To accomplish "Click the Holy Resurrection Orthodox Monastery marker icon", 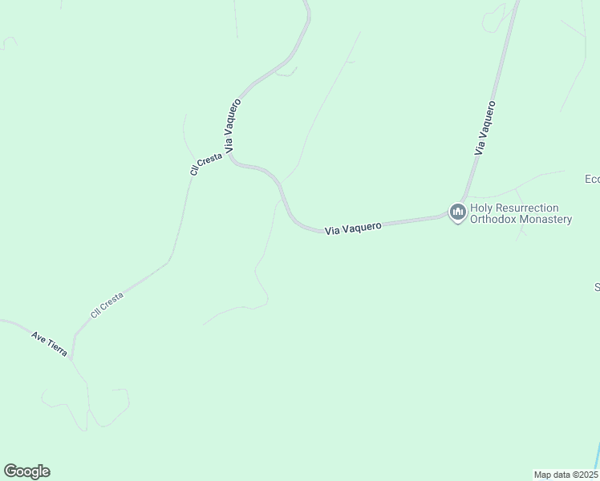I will [x=458, y=212].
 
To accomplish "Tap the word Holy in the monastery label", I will [x=484, y=208].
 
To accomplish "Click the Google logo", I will [x=26, y=471].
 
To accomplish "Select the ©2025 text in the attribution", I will [x=584, y=474].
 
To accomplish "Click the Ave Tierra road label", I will [x=49, y=344].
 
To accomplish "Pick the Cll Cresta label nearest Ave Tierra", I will [x=107, y=305].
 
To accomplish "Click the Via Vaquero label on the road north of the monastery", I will [x=484, y=127].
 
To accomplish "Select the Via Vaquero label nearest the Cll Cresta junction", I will [x=233, y=126].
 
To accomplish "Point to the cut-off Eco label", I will [x=592, y=179].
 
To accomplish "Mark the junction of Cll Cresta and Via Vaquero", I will [x=231, y=158].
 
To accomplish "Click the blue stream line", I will [x=597, y=455].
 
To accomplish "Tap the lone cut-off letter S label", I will [x=597, y=286].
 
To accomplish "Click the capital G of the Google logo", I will [x=10, y=471].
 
